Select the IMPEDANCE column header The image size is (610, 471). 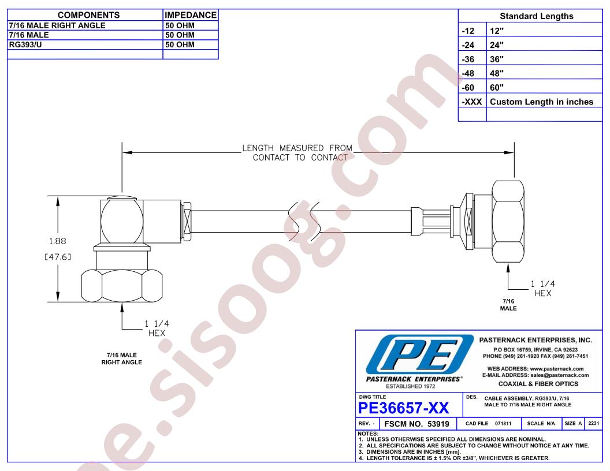coord(191,15)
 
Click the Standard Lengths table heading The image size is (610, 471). coord(537,16)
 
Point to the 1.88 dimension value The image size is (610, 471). coord(58,241)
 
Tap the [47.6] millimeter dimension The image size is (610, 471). coord(58,257)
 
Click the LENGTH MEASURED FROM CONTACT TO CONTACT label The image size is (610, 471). coord(297,153)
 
